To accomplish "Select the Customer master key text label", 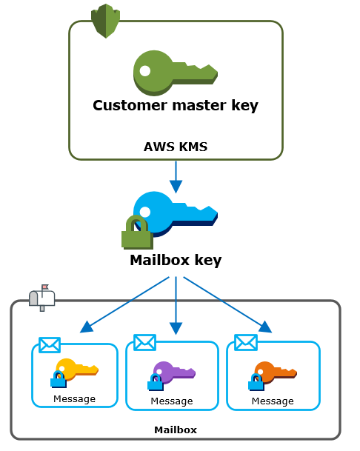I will [x=176, y=105].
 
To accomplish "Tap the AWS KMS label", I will [x=176, y=147].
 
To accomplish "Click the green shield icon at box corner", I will [x=105, y=21].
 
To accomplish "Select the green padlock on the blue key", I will [x=136, y=233].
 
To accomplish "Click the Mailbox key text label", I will [x=176, y=260].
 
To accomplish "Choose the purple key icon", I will [x=174, y=373].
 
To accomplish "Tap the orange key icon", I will [x=275, y=372].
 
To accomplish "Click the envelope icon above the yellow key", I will [x=49, y=345].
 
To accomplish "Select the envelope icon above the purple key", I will [x=144, y=342].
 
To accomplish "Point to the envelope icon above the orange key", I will [x=245, y=342].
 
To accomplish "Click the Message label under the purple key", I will [x=172, y=401].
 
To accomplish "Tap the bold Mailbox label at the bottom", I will [x=176, y=430].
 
